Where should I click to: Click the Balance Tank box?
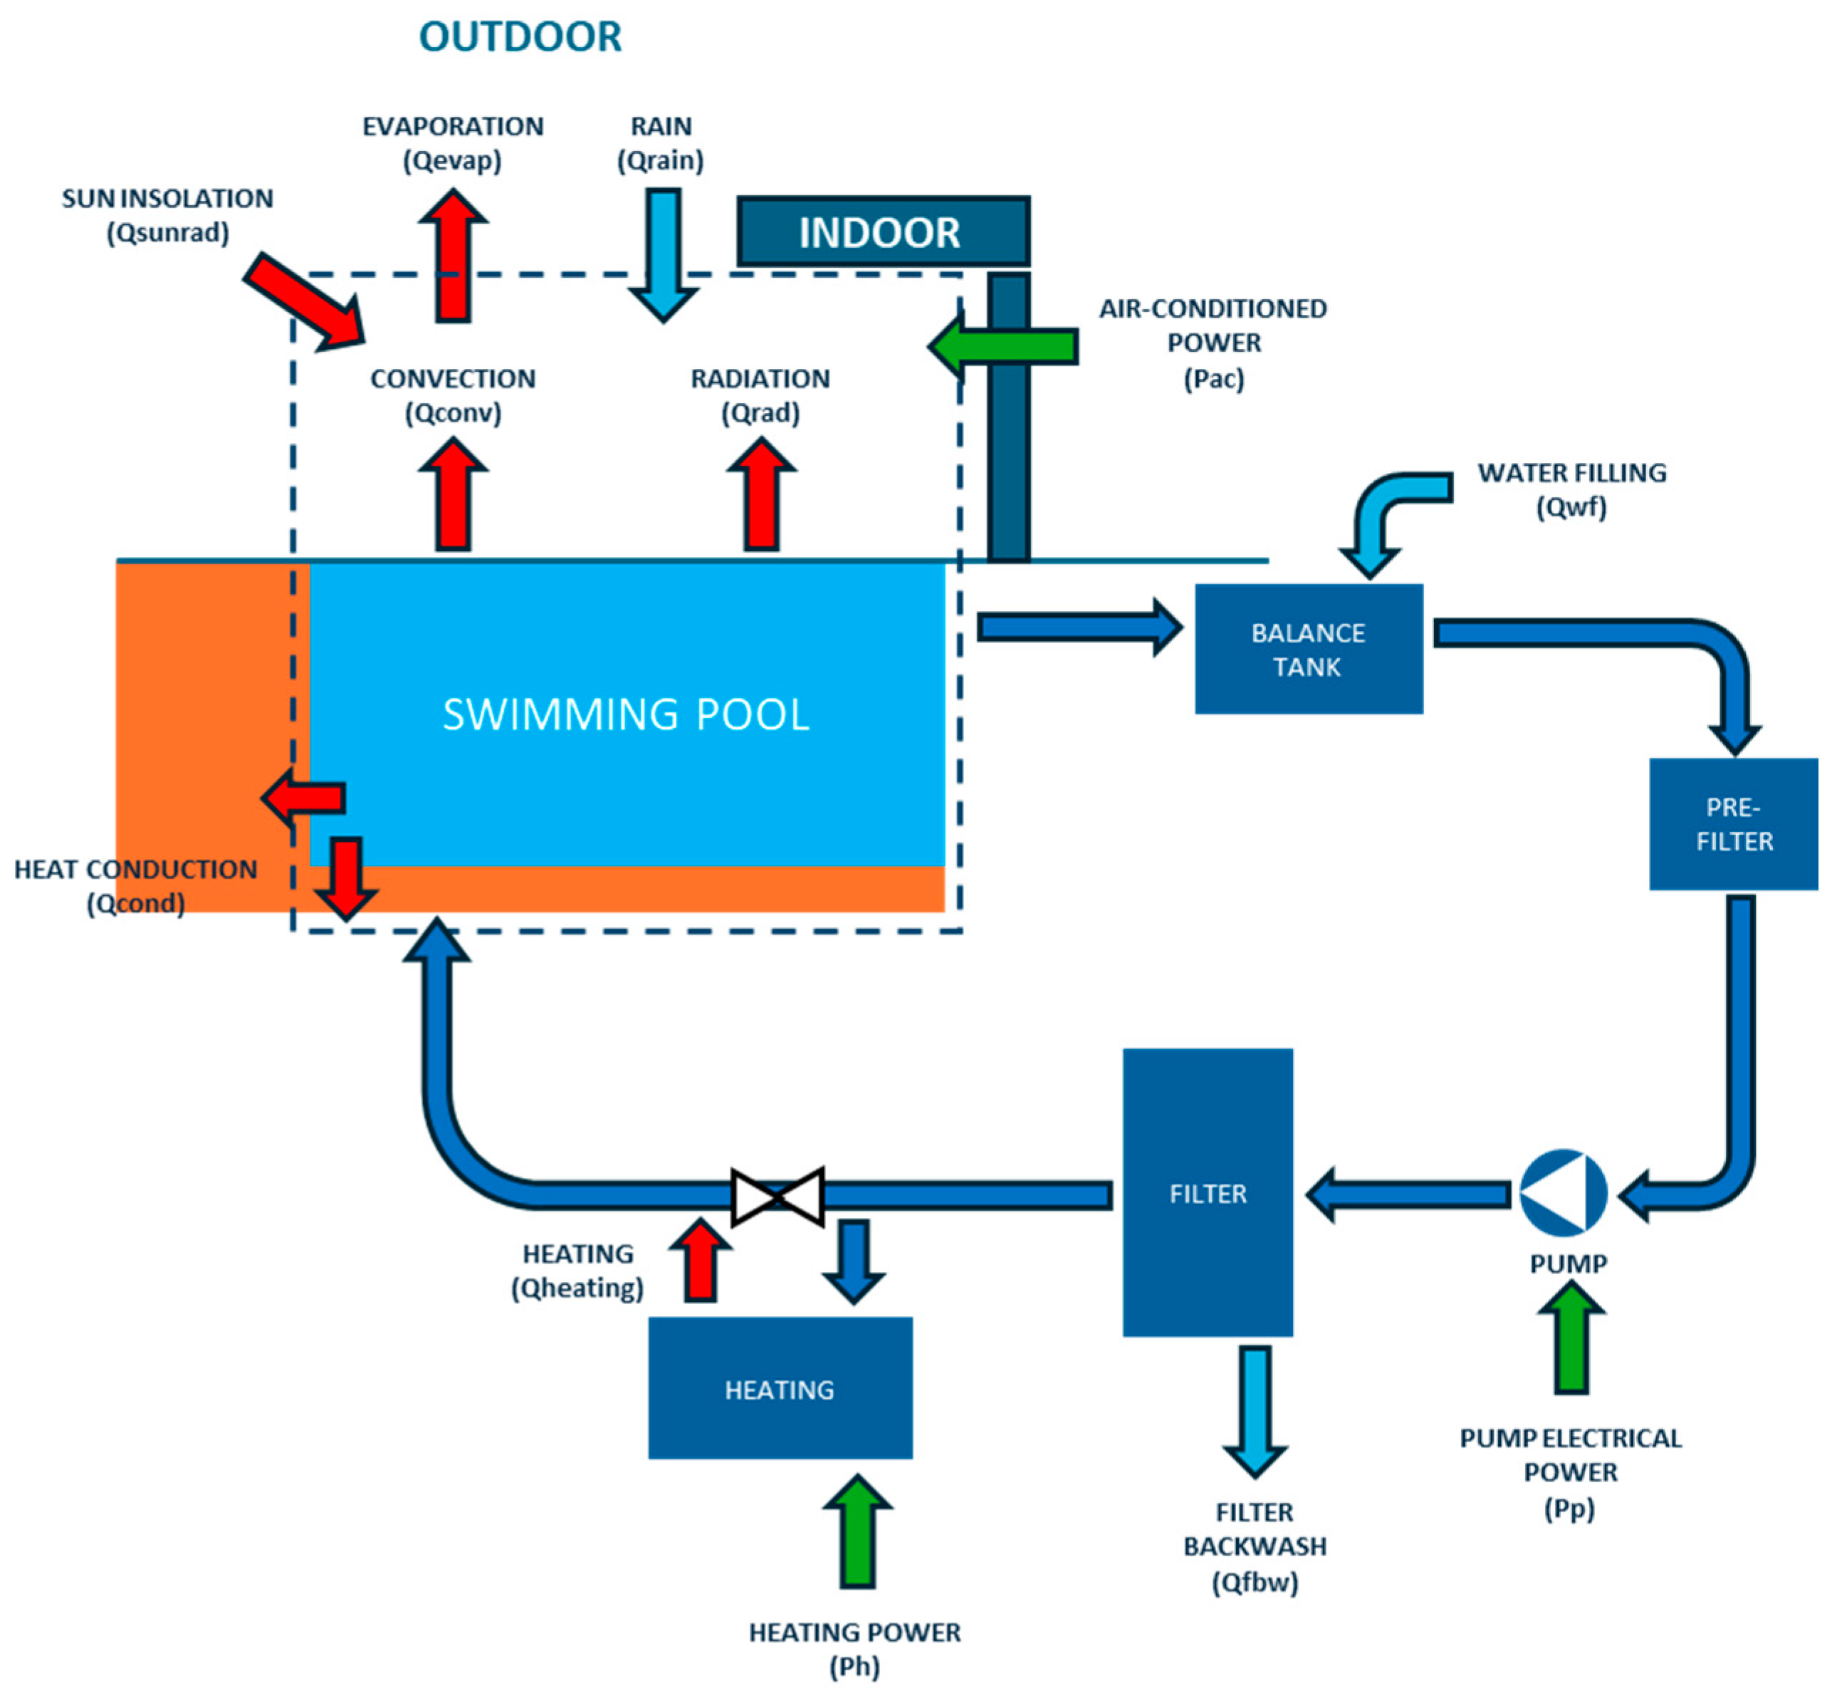1309,649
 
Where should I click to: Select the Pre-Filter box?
1733,823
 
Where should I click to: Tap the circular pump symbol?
1563,1193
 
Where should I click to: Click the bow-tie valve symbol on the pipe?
778,1196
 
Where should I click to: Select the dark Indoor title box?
883,231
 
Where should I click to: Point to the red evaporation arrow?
454,255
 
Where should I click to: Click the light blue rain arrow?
662,255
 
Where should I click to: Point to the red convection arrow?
454,494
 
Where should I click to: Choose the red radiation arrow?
761,494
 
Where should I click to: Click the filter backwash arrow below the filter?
1255,1412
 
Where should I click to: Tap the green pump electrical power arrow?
1571,1337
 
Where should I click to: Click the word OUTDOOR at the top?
520,36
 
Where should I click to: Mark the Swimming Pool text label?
627,714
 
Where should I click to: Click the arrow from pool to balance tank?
1080,627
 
